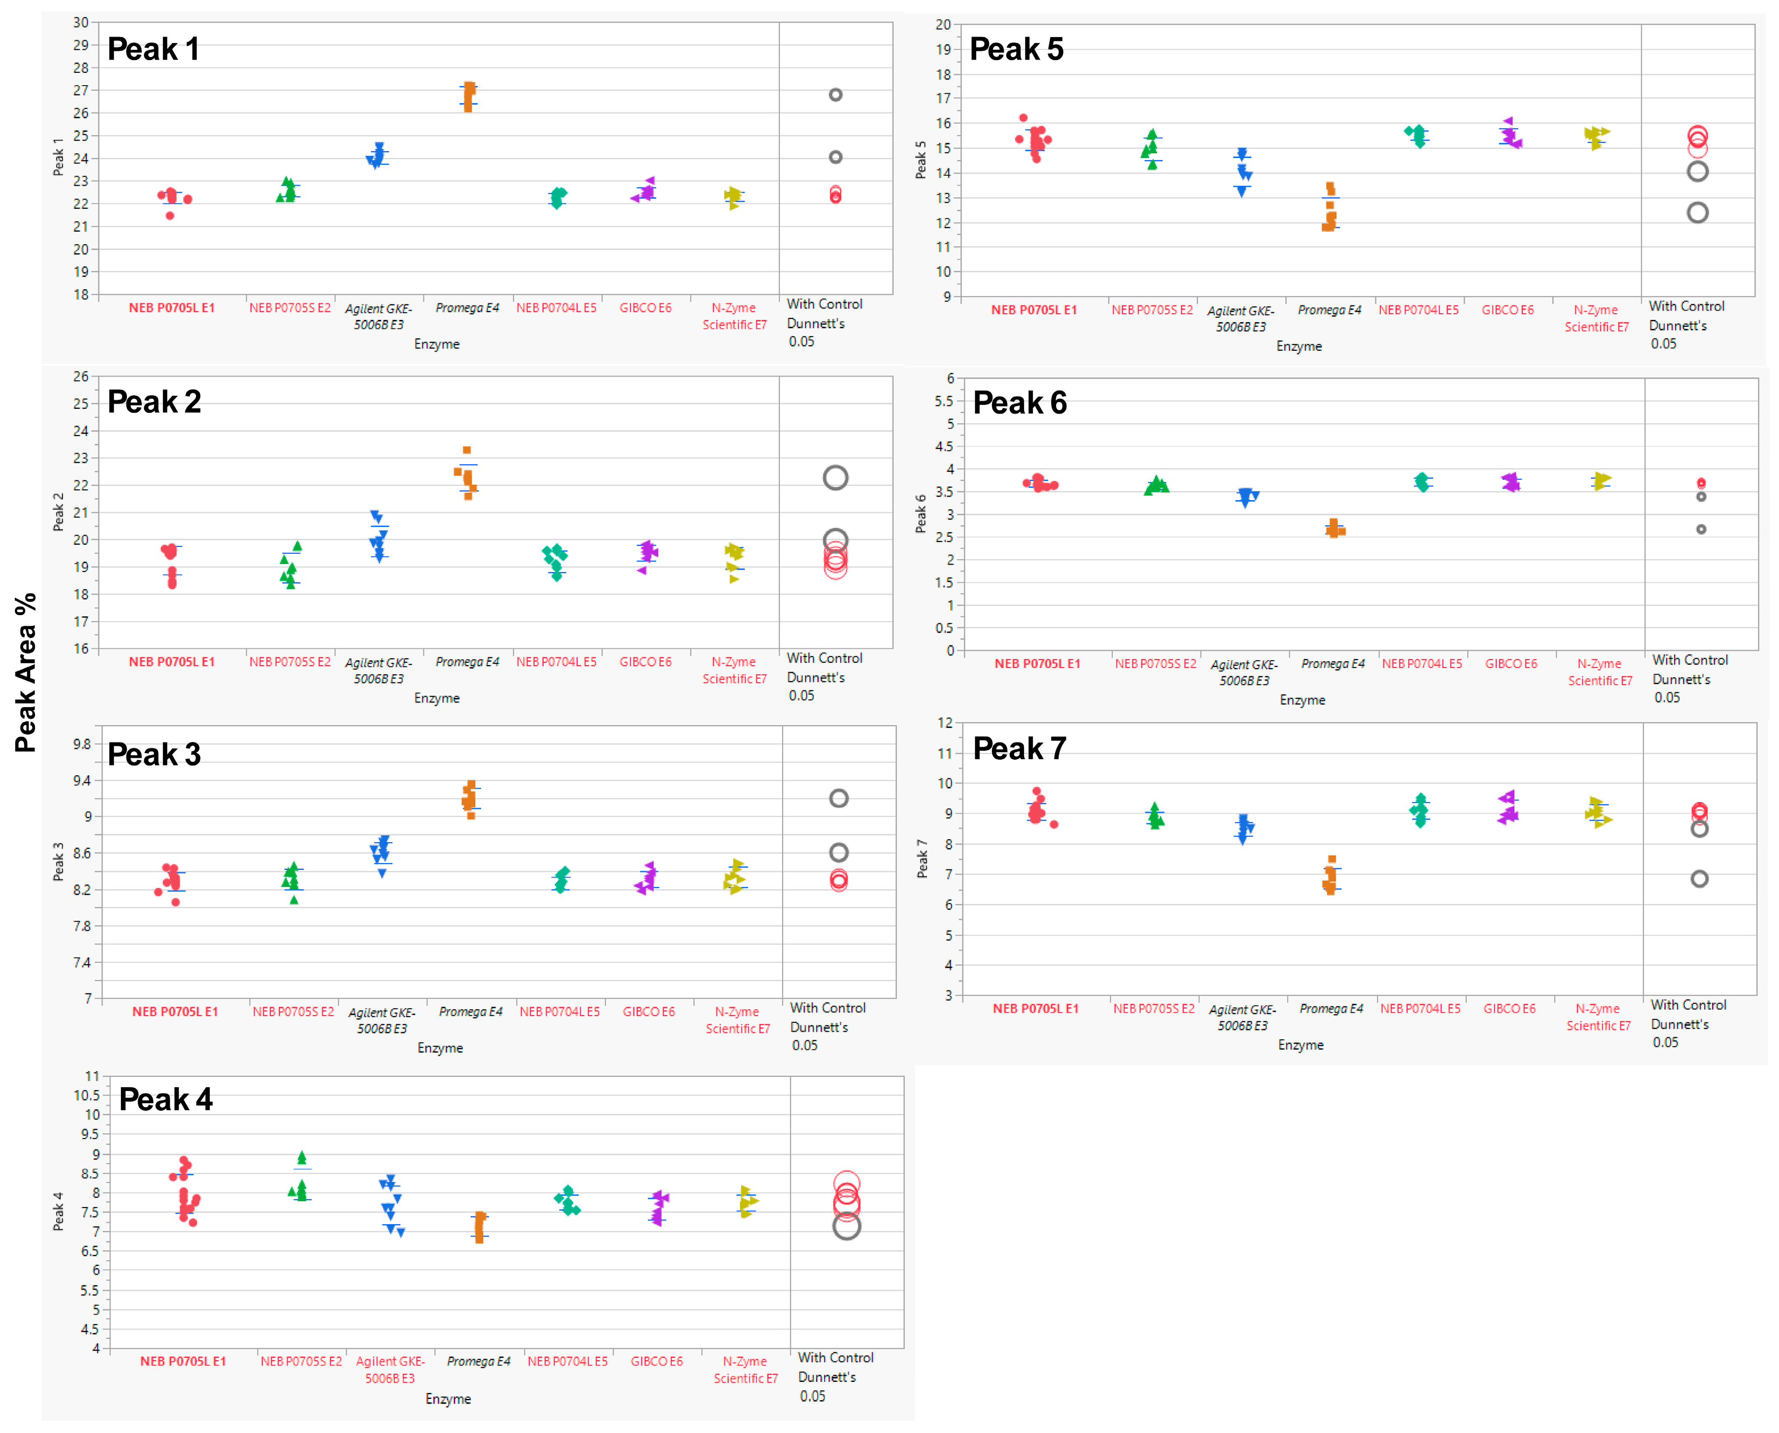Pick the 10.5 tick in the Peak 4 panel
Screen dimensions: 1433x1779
pos(87,1095)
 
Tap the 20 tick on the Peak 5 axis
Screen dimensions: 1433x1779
pos(942,25)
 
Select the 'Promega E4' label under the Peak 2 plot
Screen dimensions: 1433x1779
pos(467,662)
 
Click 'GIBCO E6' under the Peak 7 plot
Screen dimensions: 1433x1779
pos(1509,1009)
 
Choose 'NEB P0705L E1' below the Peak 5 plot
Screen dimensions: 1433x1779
pos(1034,311)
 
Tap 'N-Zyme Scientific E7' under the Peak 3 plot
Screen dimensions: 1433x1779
pos(738,1020)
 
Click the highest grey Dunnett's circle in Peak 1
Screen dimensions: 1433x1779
pos(835,95)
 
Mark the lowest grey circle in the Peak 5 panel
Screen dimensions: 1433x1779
pos(1697,213)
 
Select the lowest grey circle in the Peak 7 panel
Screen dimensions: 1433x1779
pos(1699,879)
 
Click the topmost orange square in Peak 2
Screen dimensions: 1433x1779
pos(467,450)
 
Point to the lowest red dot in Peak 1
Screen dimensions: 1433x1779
pos(170,216)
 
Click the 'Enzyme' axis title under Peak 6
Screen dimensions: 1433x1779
pos(1302,700)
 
